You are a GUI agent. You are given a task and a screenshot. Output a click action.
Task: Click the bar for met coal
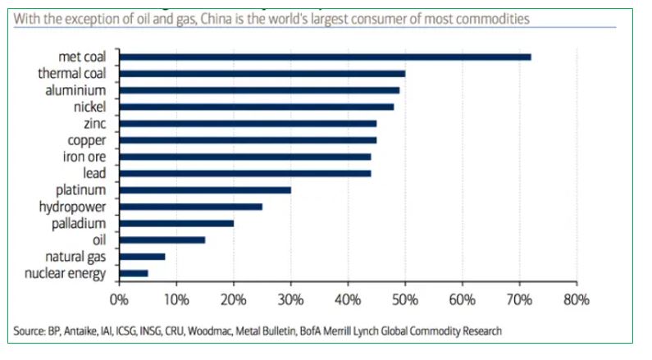(x=326, y=57)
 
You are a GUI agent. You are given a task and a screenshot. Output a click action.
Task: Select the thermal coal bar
(x=262, y=74)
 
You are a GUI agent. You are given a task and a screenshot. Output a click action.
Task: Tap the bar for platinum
(x=205, y=189)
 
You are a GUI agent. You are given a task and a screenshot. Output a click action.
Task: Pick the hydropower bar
(x=191, y=207)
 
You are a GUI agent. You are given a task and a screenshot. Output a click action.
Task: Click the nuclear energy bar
(x=134, y=273)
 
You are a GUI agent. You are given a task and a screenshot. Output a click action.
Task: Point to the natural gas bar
(x=143, y=257)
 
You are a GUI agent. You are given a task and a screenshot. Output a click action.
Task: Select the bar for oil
(x=162, y=239)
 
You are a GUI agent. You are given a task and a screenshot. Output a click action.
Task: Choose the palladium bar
(x=176, y=223)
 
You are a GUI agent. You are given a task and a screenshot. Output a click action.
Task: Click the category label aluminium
(x=75, y=90)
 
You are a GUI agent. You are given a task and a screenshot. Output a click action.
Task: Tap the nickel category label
(x=90, y=107)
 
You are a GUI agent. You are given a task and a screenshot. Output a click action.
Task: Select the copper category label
(x=87, y=140)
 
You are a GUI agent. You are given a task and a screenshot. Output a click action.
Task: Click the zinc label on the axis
(x=95, y=123)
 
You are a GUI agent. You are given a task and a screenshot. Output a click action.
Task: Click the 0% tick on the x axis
(x=120, y=299)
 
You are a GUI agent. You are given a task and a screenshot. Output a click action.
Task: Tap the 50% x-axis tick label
(x=405, y=299)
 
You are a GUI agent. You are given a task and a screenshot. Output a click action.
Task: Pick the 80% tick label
(x=577, y=299)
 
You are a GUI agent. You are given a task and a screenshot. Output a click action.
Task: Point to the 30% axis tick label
(x=291, y=299)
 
